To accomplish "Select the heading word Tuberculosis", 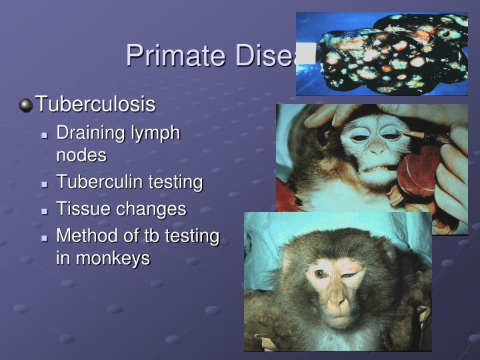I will point(95,105).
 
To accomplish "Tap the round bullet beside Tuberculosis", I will point(25,105).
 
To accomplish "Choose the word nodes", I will point(81,155).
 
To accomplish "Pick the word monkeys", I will point(112,259).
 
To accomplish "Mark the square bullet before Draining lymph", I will point(45,135).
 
